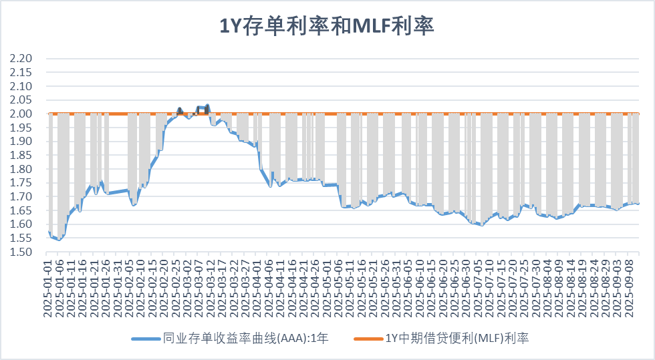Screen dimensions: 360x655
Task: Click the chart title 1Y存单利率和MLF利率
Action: click(x=327, y=25)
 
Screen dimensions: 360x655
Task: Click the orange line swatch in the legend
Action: click(x=367, y=339)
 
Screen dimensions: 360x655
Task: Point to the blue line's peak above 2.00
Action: click(x=208, y=106)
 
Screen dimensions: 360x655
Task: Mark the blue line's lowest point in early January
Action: click(x=59, y=239)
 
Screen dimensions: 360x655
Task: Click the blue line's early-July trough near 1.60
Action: click(x=480, y=225)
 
